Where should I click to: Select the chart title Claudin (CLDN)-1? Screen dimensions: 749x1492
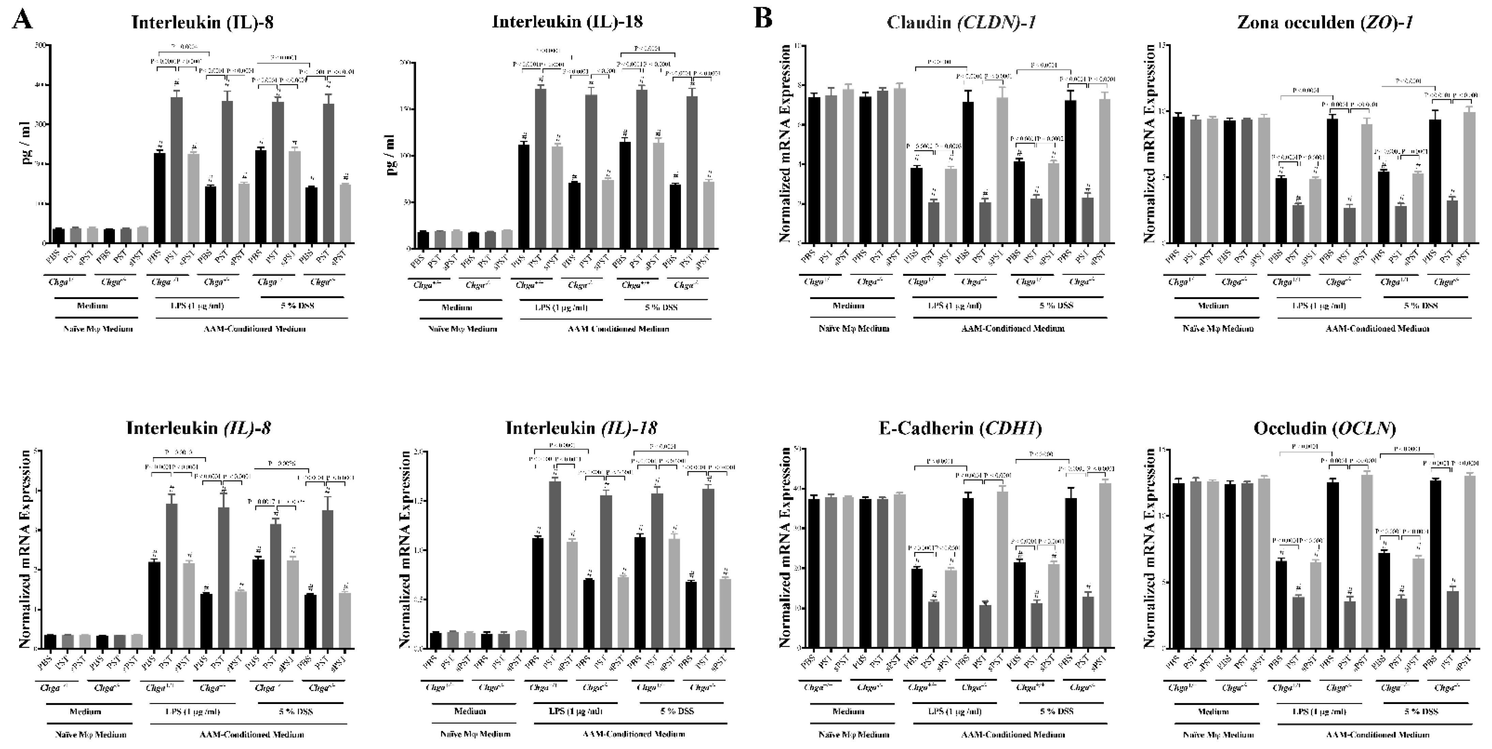pyautogui.click(x=961, y=23)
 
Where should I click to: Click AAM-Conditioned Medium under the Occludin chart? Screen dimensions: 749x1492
pyautogui.click(x=1377, y=734)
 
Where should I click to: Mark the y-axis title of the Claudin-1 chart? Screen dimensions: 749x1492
pyautogui.click(x=786, y=145)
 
